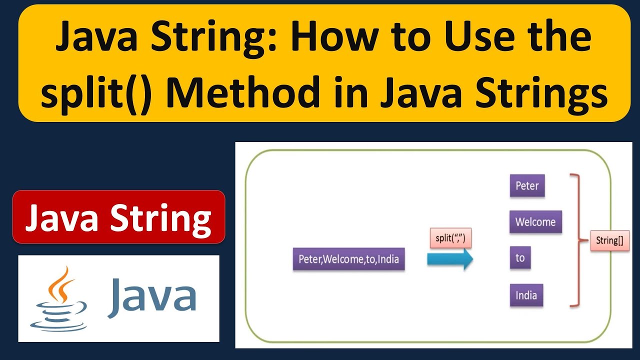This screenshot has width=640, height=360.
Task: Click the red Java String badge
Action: pyautogui.click(x=118, y=217)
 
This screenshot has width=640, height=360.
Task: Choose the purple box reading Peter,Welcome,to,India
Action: pyautogui.click(x=348, y=259)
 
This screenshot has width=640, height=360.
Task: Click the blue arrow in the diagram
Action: pyautogui.click(x=449, y=259)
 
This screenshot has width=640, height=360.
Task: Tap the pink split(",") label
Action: pyautogui.click(x=450, y=238)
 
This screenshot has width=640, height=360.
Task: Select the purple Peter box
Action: pyautogui.click(x=527, y=186)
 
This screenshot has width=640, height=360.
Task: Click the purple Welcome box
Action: pyautogui.click(x=535, y=222)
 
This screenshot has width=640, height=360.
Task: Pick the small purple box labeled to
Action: pyautogui.click(x=520, y=257)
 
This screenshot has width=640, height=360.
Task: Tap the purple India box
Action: pyautogui.click(x=526, y=295)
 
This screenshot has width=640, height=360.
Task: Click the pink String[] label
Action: pyautogui.click(x=609, y=240)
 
